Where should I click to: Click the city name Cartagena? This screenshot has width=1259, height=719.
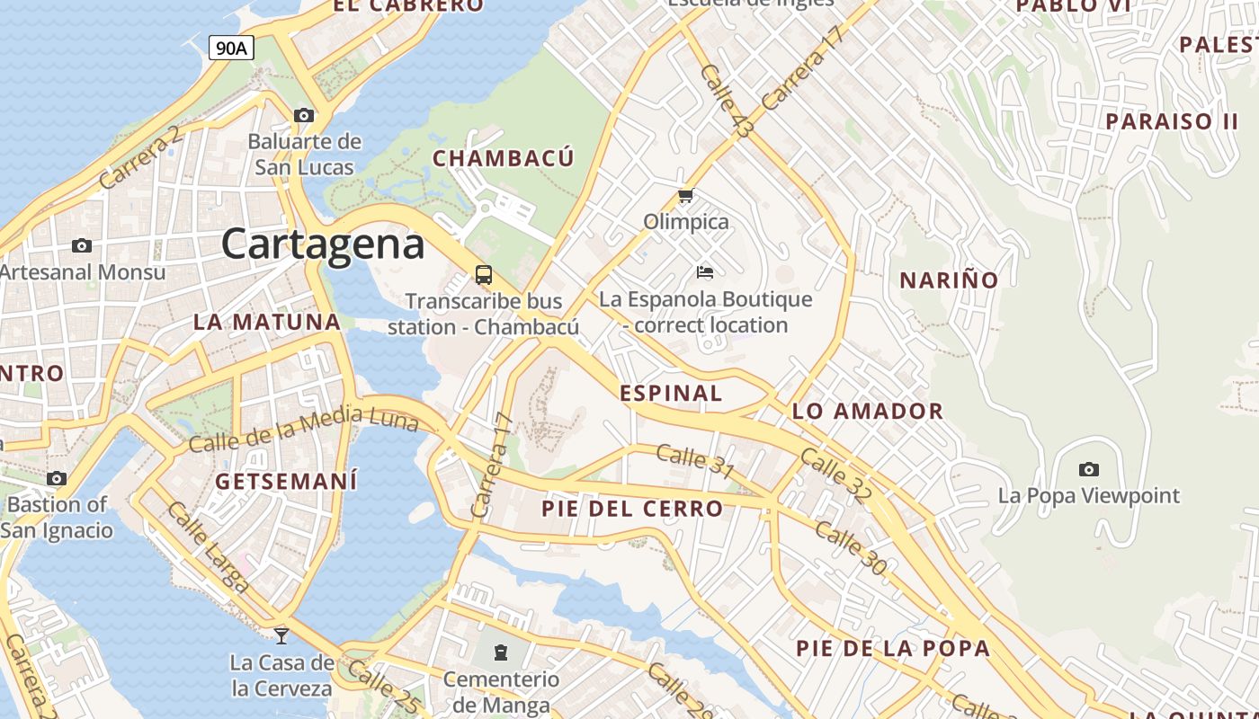click(323, 244)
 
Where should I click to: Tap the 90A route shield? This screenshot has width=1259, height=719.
click(231, 48)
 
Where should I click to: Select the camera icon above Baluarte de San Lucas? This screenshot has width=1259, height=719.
click(304, 115)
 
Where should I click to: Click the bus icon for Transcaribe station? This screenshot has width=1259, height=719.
click(484, 274)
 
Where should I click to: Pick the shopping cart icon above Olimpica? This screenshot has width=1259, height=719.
click(686, 196)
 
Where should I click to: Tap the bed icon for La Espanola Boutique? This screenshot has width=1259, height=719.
click(705, 271)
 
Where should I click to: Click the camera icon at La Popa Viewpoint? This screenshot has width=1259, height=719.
click(1089, 469)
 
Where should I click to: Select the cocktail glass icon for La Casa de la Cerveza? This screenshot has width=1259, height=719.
click(281, 635)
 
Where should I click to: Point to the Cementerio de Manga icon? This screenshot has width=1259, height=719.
click(501, 652)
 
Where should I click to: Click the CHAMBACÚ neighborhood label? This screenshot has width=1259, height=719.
click(504, 159)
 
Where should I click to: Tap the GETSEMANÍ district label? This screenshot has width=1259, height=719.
click(286, 481)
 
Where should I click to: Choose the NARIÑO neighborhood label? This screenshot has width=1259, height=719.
click(949, 280)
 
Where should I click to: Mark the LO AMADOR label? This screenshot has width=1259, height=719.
click(867, 412)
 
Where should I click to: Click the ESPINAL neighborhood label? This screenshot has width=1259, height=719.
click(671, 393)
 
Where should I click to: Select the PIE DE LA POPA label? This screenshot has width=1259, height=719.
click(893, 648)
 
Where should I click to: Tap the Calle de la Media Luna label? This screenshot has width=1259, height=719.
click(303, 430)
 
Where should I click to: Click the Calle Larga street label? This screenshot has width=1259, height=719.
click(208, 547)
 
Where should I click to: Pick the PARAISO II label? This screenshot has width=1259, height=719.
click(1172, 121)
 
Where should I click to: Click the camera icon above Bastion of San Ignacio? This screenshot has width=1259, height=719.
click(57, 478)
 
